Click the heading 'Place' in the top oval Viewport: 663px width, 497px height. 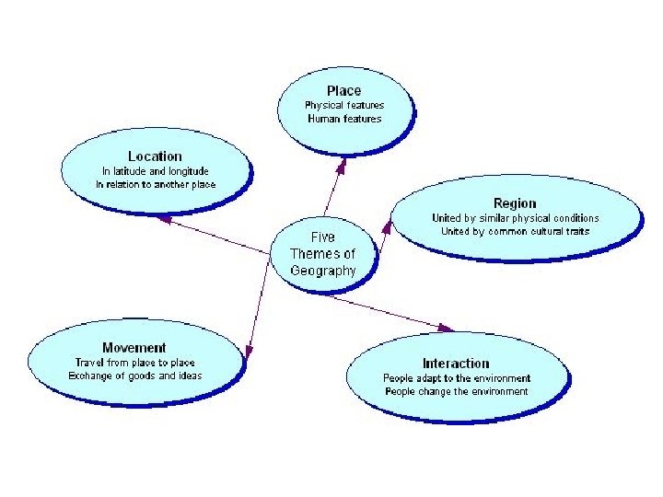(x=343, y=90)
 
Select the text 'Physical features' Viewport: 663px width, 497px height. (x=344, y=105)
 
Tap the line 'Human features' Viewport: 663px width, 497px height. (x=344, y=119)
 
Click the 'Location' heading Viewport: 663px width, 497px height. (x=155, y=156)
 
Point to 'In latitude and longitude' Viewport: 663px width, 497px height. (x=156, y=171)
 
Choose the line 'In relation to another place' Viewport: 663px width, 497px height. (x=156, y=185)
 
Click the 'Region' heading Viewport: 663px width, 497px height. (x=514, y=203)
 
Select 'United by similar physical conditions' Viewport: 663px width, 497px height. (x=515, y=218)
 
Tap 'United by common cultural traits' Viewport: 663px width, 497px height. (x=515, y=232)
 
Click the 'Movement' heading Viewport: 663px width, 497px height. (x=134, y=348)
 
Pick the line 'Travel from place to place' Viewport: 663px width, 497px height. (x=134, y=363)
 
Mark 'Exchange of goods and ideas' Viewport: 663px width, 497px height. (x=134, y=376)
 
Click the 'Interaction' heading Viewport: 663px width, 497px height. (x=456, y=364)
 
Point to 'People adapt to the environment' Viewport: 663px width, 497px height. (x=457, y=378)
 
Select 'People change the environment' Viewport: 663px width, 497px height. (x=457, y=391)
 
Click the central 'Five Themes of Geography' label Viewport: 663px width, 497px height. (x=322, y=253)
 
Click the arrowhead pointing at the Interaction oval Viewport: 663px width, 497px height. (x=447, y=328)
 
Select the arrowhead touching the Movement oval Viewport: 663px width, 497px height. (x=249, y=350)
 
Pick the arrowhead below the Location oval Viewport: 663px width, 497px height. (x=163, y=219)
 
